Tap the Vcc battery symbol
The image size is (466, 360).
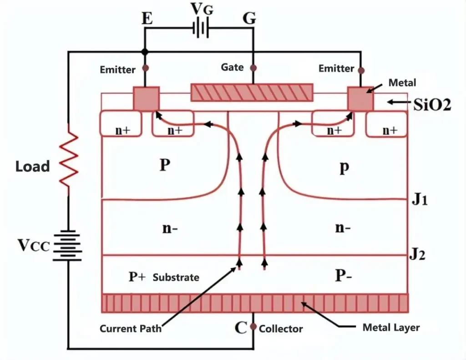coord(67,246)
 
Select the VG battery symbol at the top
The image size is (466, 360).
coord(201,29)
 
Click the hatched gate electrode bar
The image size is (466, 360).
coord(252,92)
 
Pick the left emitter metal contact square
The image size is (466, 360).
coord(146,98)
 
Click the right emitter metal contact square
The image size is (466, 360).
coord(360,98)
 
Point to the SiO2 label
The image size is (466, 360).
coord(432,104)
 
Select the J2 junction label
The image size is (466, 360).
coord(418,254)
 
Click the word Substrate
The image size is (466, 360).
coord(176,277)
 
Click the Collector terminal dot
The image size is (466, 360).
coord(253,326)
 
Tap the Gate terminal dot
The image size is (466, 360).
coord(253,68)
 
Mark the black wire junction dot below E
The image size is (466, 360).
coord(145,52)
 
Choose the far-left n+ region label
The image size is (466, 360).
coord(123,130)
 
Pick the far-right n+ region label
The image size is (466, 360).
coord(390,130)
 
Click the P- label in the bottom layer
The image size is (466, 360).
coord(344,275)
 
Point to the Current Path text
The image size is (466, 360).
coord(131,329)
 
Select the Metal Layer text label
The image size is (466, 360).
coord(391,327)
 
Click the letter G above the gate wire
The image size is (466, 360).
coord(249,18)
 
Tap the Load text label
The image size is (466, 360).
coord(32,166)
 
